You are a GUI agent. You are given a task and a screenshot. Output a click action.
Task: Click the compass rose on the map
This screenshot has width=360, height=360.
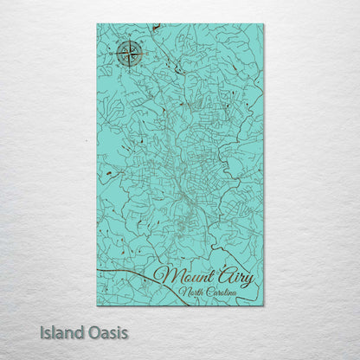click(129, 55)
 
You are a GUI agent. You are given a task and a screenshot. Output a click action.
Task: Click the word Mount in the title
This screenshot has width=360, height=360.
click(180, 278)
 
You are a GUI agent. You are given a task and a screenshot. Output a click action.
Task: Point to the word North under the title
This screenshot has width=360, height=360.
click(193, 294)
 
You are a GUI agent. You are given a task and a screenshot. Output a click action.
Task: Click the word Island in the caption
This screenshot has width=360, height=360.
click(59, 332)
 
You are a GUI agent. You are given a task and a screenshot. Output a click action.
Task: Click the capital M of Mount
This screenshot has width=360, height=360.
click(163, 278)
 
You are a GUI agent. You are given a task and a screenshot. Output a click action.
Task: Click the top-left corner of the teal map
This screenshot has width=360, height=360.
click(98, 25)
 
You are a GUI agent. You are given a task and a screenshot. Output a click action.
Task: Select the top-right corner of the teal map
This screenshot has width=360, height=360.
click(263, 25)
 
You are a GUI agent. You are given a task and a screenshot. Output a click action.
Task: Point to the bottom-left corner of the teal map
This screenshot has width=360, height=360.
click(98, 305)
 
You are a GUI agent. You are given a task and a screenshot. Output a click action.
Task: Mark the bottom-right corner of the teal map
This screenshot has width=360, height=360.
click(263, 305)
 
